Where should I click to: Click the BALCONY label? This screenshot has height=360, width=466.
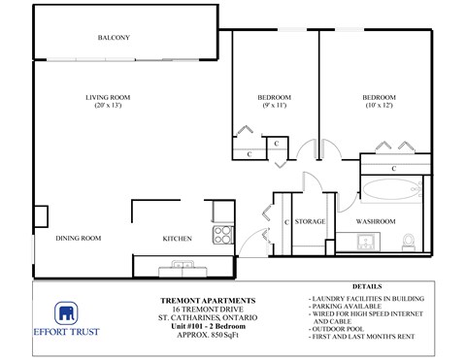pos(114,38)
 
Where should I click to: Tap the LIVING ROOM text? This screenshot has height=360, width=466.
pos(107,97)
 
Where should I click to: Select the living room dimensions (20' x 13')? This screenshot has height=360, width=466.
pos(107,107)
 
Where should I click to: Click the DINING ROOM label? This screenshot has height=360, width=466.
pos(79,238)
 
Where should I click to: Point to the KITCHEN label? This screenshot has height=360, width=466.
pos(176,238)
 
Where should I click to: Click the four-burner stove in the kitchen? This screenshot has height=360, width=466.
pos(222,234)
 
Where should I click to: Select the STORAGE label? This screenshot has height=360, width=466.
pos(310,222)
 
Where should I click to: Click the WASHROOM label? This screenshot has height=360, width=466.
pos(375,222)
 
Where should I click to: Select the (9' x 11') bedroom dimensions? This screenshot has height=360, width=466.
pos(274,107)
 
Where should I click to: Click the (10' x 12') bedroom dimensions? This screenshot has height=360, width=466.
pos(379,107)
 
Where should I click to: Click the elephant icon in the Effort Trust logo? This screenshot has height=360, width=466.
pos(66,316)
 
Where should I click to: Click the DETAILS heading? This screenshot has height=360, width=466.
pos(366,288)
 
